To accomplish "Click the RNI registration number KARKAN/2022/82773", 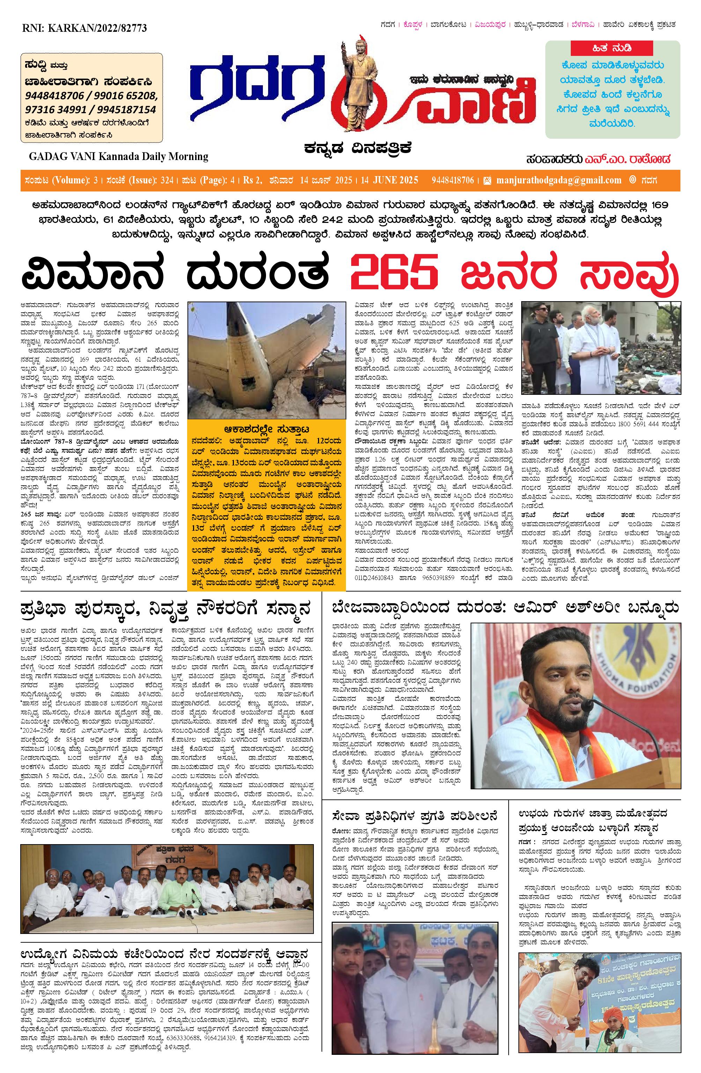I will pyautogui.click(x=84, y=28).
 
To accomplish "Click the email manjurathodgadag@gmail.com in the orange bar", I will pyautogui.click(x=558, y=180).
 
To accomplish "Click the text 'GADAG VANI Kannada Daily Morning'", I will pyautogui.click(x=118, y=157).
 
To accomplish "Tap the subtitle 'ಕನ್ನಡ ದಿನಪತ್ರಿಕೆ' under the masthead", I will pyautogui.click(x=357, y=147).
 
